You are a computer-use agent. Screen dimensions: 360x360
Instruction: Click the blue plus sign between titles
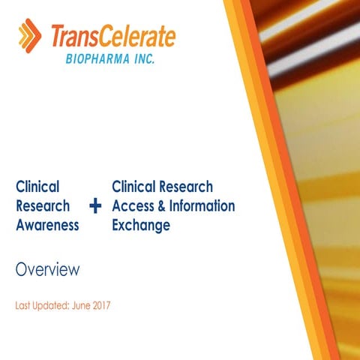click(95, 205)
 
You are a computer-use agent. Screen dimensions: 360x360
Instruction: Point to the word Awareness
click(47, 224)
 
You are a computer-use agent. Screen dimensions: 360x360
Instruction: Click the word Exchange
click(141, 224)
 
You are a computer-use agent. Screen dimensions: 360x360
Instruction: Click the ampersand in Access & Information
click(156, 205)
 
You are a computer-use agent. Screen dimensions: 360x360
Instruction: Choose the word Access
click(130, 205)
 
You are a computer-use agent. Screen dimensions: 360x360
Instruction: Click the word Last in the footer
click(23, 307)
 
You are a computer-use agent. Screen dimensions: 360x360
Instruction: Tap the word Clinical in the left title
click(37, 187)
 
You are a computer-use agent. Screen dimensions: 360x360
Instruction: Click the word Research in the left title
click(43, 205)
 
